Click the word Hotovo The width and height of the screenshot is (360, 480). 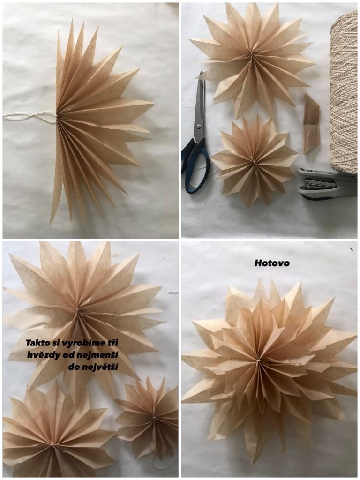pos(272,263)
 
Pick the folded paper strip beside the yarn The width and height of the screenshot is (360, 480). pos(311,124)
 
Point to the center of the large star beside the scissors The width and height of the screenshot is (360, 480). pos(251,54)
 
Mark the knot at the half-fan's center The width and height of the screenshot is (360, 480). pos(57,116)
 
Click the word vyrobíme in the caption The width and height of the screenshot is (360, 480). pos(81,342)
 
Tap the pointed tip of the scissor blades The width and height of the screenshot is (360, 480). pos(201,73)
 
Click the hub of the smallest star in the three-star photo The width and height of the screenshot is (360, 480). pos(153,417)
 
